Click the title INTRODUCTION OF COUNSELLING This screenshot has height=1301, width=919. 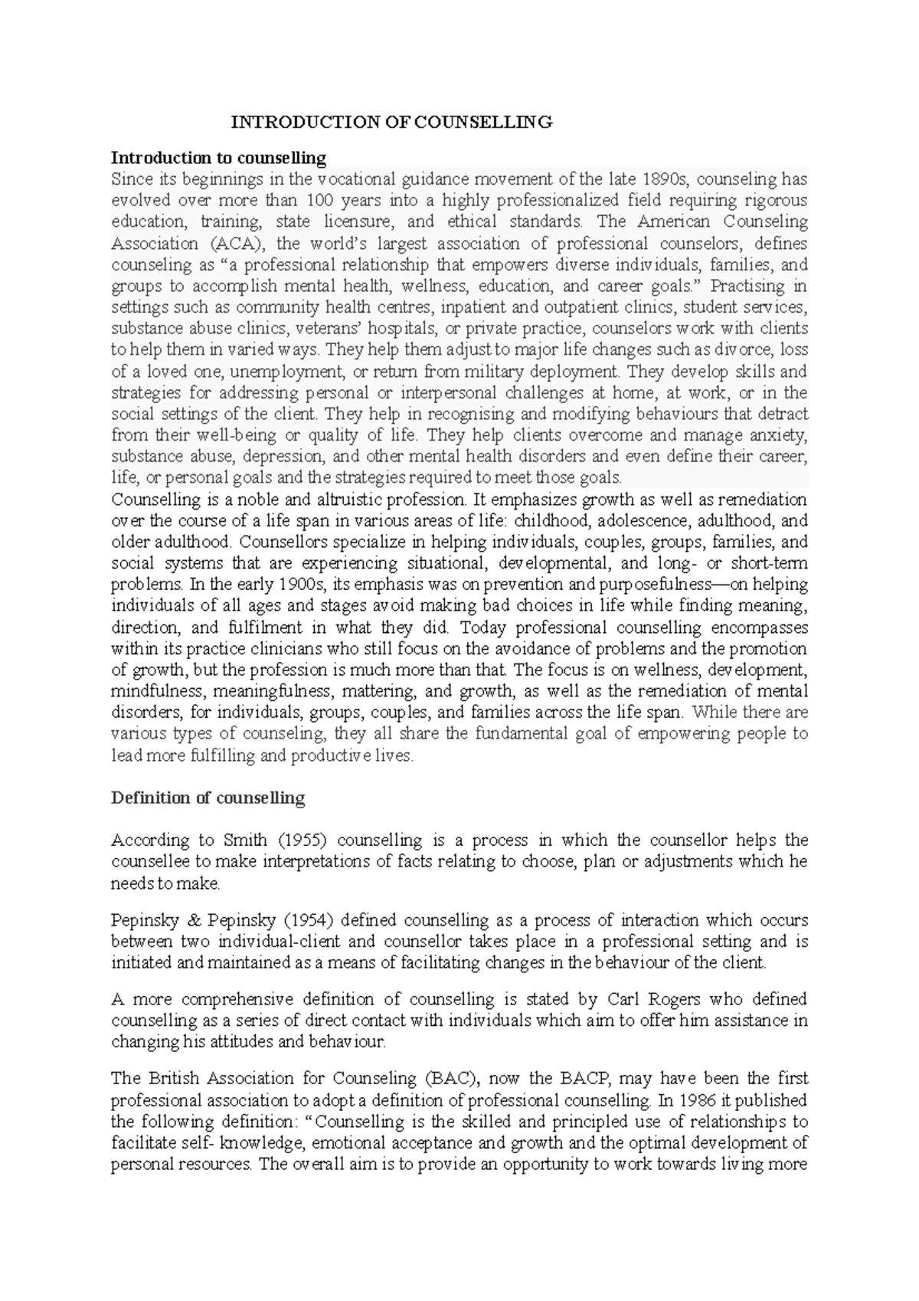point(392,122)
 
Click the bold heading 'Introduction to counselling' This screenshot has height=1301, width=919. point(218,159)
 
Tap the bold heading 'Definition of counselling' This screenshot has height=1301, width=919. point(208,798)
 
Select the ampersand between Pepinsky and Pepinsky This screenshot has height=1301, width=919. point(194,920)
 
